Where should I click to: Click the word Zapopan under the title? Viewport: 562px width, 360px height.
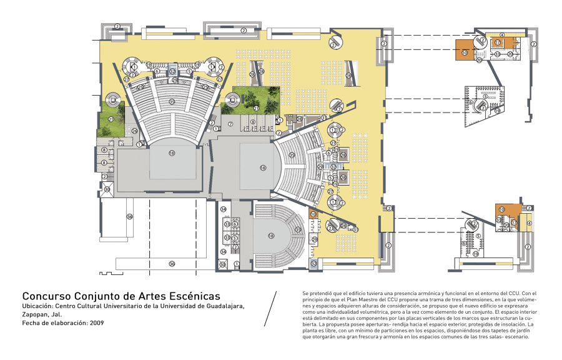pos(36,314)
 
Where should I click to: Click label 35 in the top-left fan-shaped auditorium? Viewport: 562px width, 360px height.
pos(171,101)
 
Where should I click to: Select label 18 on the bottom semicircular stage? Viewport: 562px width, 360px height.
pos(271,236)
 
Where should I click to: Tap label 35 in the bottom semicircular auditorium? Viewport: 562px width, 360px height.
pos(298,230)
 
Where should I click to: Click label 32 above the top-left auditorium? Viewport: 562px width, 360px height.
pos(172,71)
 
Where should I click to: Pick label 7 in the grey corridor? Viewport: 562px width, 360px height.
pos(230,124)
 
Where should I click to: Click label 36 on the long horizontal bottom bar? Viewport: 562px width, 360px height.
pos(172,264)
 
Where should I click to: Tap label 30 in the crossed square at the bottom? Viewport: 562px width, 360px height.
pos(222,264)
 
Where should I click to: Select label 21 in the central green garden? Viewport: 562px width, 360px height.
pos(255,108)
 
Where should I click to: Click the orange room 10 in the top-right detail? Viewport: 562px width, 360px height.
pos(465,52)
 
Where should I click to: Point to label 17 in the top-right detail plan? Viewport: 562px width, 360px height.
pos(498,42)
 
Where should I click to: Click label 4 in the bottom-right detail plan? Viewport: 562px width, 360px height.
pos(529,223)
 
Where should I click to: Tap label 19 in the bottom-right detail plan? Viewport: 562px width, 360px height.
pos(476,254)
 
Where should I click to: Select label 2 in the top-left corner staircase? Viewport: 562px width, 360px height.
pos(117,26)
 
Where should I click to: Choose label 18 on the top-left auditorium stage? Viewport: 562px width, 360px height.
pos(171,152)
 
